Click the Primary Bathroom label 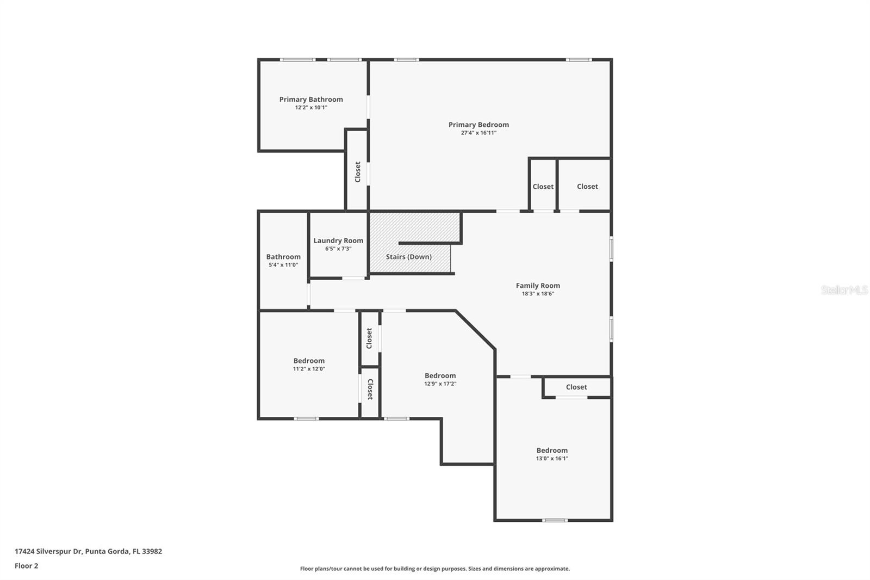(x=311, y=99)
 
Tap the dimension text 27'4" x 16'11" (x=478, y=133)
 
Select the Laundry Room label (x=338, y=240)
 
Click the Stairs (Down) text (x=409, y=257)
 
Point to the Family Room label (x=538, y=285)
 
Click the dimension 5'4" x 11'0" (x=283, y=265)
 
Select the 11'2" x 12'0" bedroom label (x=309, y=361)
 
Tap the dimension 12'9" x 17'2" (x=440, y=384)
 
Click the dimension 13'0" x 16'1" (x=552, y=459)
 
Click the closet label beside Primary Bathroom (x=358, y=172)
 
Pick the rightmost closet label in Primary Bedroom (x=587, y=186)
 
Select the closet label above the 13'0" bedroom (x=576, y=387)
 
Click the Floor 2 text (x=26, y=566)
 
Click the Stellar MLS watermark (x=844, y=290)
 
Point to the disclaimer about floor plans (x=435, y=569)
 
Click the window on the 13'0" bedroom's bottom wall (x=555, y=520)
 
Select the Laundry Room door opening (x=353, y=279)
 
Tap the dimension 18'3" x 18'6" (x=538, y=294)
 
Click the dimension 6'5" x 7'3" (x=338, y=249)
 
